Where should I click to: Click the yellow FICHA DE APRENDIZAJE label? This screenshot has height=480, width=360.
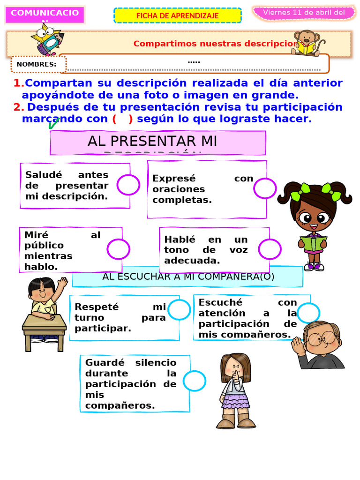click(x=177, y=15)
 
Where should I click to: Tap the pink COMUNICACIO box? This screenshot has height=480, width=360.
click(x=45, y=14)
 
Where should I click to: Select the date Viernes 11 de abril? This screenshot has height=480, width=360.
click(x=303, y=13)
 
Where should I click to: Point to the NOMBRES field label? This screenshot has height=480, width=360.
click(x=37, y=65)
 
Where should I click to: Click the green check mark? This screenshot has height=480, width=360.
click(x=53, y=124)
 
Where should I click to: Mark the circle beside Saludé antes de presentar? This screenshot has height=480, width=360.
click(x=128, y=185)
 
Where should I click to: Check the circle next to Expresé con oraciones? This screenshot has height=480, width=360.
click(x=265, y=188)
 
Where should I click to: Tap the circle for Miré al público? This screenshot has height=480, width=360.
click(x=118, y=249)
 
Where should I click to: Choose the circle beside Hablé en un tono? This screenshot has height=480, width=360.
click(x=270, y=249)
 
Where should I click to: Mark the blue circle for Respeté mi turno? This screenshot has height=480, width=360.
click(x=179, y=310)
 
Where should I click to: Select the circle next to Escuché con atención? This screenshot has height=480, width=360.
click(x=308, y=313)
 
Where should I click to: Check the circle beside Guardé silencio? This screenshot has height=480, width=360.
click(x=194, y=381)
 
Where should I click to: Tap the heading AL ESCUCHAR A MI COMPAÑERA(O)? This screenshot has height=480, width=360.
click(x=187, y=277)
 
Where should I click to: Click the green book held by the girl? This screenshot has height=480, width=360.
click(x=313, y=243)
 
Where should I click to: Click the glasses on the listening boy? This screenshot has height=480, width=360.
click(x=322, y=337)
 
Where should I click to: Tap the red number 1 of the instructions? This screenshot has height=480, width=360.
click(x=18, y=83)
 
